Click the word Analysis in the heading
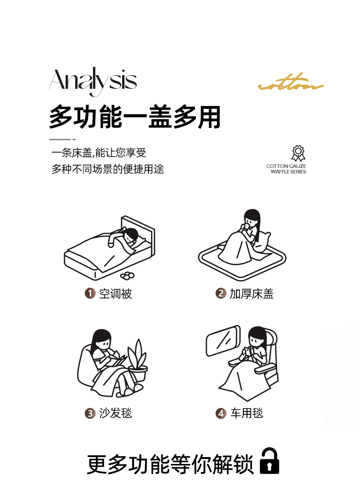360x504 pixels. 93,81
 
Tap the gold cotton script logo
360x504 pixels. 291,83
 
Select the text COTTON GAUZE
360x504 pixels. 286,166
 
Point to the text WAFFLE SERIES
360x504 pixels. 288,172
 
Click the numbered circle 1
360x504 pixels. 90,293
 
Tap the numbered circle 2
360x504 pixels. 221,293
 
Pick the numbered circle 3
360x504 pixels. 90,413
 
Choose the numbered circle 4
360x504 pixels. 221,413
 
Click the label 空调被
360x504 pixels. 115,294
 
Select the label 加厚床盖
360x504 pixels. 251,294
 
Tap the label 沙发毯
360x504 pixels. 115,413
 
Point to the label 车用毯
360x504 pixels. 247,413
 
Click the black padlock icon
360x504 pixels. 269,461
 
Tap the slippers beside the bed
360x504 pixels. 128,275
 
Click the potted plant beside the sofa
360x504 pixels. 138,361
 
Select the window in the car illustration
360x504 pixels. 223,341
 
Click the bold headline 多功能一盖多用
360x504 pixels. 135,117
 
